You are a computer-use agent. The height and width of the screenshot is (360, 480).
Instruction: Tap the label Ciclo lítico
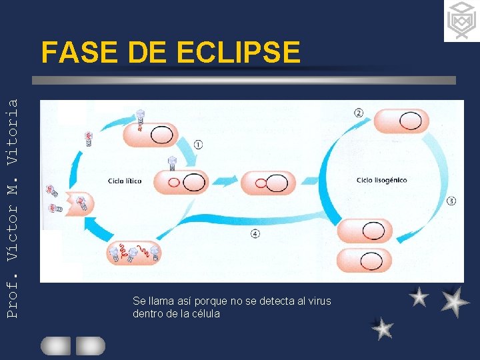[x=125, y=181]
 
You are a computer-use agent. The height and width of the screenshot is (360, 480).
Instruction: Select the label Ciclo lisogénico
[x=381, y=180]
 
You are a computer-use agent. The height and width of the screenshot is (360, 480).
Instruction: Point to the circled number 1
[x=198, y=145]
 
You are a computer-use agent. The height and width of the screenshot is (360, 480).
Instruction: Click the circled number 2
[x=359, y=113]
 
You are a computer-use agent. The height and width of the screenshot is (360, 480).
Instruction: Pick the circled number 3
[x=451, y=200]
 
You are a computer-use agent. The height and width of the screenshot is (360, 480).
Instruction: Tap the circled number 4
[x=255, y=233]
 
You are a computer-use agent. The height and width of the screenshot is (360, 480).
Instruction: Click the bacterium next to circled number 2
[x=406, y=121]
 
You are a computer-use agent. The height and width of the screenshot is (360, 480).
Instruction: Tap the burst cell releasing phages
[x=79, y=201]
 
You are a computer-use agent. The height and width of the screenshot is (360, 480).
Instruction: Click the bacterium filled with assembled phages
[x=133, y=252]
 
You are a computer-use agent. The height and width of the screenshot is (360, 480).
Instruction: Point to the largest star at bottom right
[x=455, y=301]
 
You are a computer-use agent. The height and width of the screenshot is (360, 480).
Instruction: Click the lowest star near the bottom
[x=382, y=328]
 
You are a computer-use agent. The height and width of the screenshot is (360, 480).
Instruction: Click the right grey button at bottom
[x=90, y=345]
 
